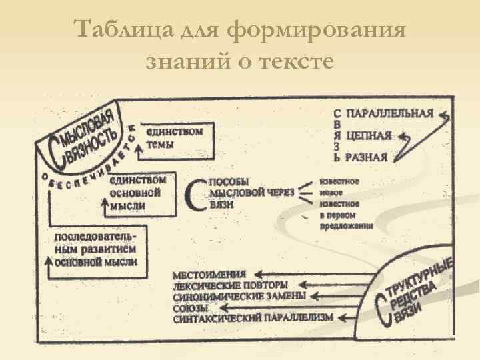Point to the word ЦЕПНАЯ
[370, 135]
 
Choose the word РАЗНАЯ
[367, 158]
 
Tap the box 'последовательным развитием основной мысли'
[96, 249]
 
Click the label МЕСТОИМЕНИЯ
[209, 274]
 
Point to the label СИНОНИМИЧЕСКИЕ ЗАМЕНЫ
[239, 296]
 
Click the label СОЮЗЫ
[190, 307]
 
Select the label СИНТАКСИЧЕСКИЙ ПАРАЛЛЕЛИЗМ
[252, 318]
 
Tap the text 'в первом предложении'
[346, 221]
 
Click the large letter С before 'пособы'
[195, 194]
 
